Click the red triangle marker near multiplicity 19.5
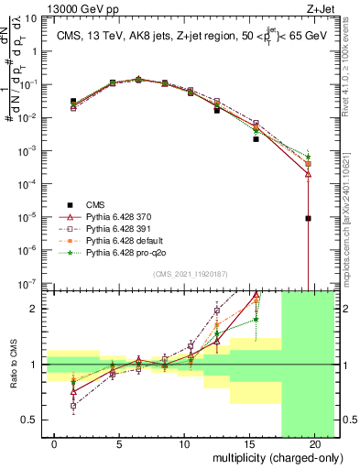[309, 173]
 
